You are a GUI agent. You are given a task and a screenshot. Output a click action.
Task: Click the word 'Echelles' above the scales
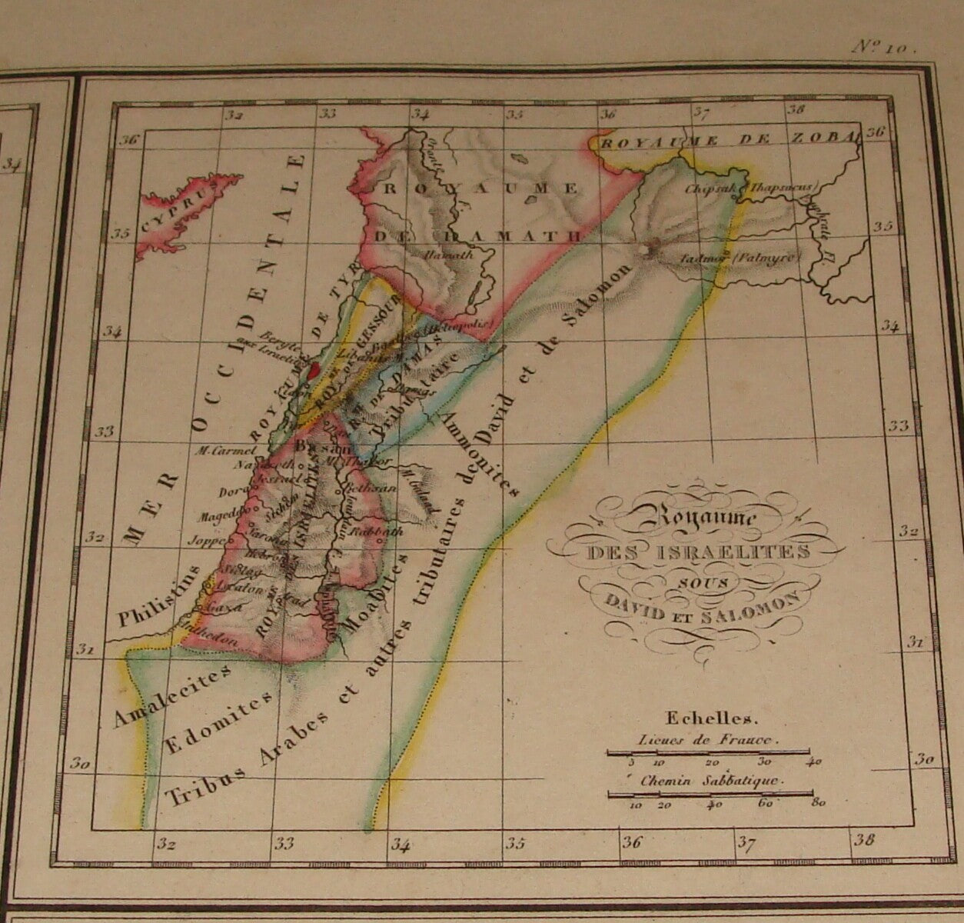pyautogui.click(x=713, y=719)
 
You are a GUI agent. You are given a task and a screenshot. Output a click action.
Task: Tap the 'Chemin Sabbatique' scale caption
pyautogui.click(x=710, y=781)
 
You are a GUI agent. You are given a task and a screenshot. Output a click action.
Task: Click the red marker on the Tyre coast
pyautogui.click(x=312, y=370)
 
